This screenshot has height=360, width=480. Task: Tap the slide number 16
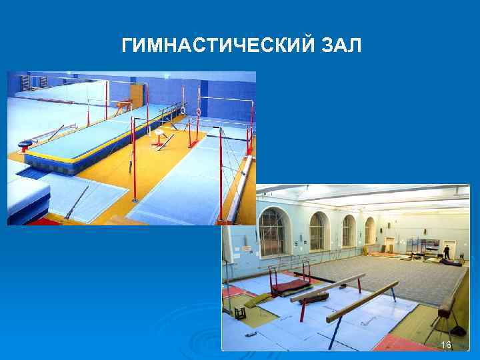(446, 344)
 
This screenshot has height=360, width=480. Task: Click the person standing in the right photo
(447, 252)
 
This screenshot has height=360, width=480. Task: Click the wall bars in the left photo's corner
(26, 84)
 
